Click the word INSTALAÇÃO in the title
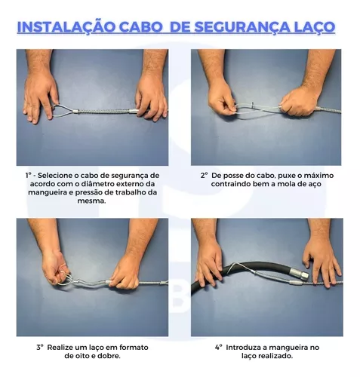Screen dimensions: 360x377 [64, 26]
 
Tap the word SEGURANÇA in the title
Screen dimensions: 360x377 [242, 27]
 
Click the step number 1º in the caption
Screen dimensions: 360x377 [28, 175]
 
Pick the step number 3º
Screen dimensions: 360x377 [40, 348]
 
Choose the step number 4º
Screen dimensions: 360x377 [219, 348]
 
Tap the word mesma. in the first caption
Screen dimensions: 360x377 [91, 201]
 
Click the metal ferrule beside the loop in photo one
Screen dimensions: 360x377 [76, 111]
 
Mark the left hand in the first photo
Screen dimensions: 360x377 [40, 97]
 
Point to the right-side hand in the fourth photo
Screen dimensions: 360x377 [322, 262]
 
